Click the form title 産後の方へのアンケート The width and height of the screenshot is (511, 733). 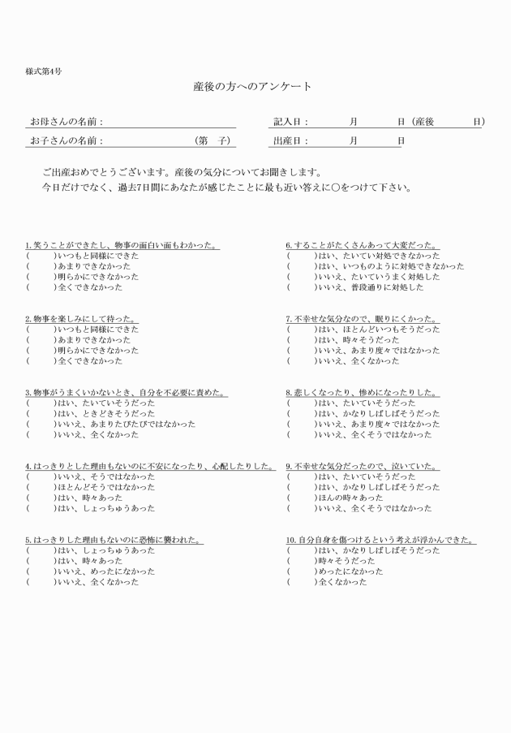point(252,86)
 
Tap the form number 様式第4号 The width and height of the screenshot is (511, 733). point(43,71)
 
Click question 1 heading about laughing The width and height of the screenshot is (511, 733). point(122,245)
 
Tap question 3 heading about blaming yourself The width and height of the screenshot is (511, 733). point(126,393)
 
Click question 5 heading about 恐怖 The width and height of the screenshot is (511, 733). point(113,540)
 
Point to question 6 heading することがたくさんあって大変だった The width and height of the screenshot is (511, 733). point(363,245)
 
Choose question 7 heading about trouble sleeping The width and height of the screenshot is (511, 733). point(361,319)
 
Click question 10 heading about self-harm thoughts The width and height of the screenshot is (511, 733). point(380,540)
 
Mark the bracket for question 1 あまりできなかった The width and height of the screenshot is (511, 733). point(41,266)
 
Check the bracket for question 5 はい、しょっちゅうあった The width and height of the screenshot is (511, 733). point(41,550)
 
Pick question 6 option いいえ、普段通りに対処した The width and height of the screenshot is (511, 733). point(370,287)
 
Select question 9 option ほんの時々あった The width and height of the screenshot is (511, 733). point(350,498)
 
